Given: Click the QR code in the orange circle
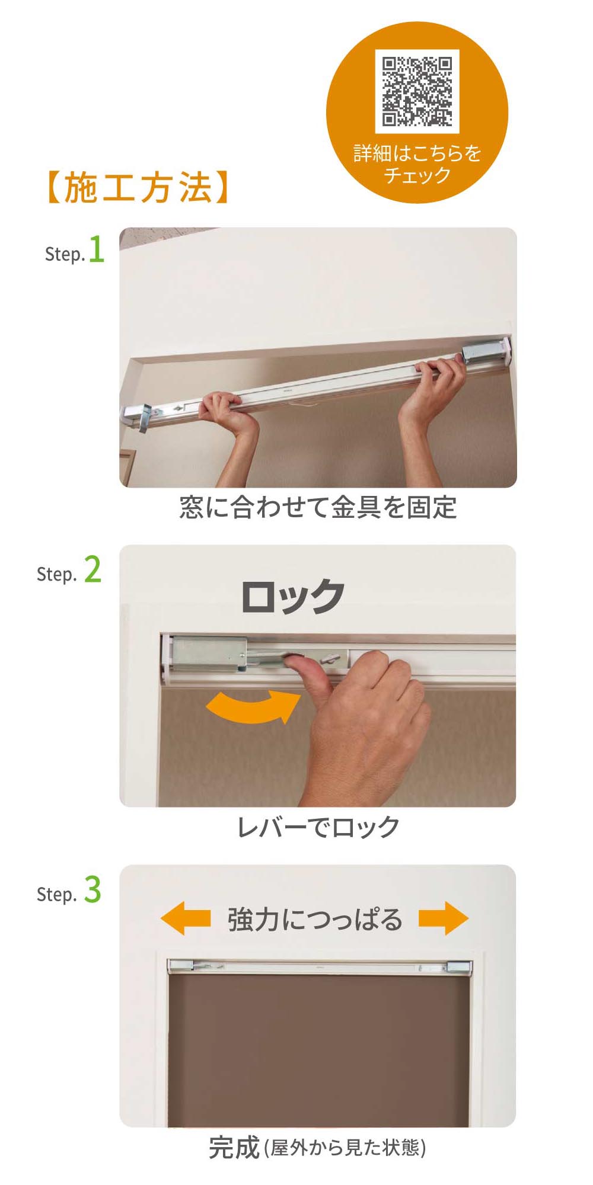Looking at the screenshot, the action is [417, 91].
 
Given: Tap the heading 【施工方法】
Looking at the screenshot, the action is [138, 188].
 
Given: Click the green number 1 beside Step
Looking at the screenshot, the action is [96, 249].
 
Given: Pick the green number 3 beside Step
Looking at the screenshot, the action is [93, 889].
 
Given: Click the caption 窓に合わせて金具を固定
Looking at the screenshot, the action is [318, 507].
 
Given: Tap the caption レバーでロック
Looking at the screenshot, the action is [318, 827].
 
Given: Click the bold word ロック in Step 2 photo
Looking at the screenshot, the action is [292, 596].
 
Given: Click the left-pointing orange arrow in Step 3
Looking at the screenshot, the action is [185, 918].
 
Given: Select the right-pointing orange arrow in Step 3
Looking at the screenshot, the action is [444, 918].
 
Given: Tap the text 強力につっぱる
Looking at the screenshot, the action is [315, 919].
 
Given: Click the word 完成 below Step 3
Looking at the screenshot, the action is [234, 1147].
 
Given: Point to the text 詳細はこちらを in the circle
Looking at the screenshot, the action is [417, 153].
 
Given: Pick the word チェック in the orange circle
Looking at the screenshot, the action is [417, 175].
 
